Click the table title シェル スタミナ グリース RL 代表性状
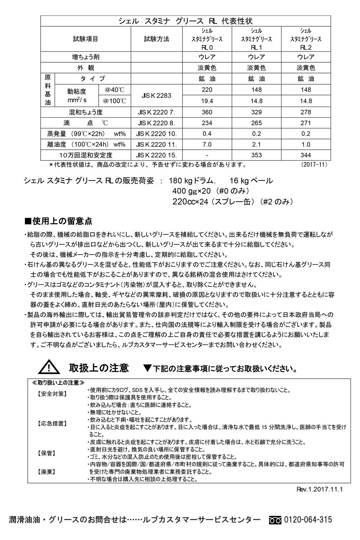point(186,21)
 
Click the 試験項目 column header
point(86,39)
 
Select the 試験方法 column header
point(157,39)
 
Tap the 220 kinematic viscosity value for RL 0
point(207,90)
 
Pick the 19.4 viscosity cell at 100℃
point(207,101)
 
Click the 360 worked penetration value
point(207,112)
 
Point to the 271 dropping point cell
point(306,123)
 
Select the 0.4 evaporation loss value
point(207,134)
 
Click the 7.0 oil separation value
point(207,145)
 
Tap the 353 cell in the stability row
point(256,156)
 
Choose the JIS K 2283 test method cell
point(157,95)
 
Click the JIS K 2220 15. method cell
point(157,156)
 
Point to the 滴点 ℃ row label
point(86,123)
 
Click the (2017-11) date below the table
point(313,165)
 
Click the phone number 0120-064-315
point(308,520)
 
